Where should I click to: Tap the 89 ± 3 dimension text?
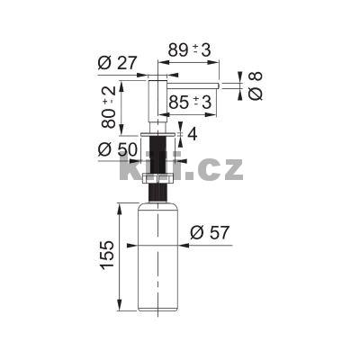click(188, 50)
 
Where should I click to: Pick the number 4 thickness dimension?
click(191, 135)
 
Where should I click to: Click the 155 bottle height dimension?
click(107, 256)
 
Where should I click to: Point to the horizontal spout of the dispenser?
click(193, 84)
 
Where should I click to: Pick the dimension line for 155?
click(121, 256)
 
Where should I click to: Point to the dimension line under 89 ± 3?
click(189, 62)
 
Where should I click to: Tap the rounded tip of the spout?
click(219, 84)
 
